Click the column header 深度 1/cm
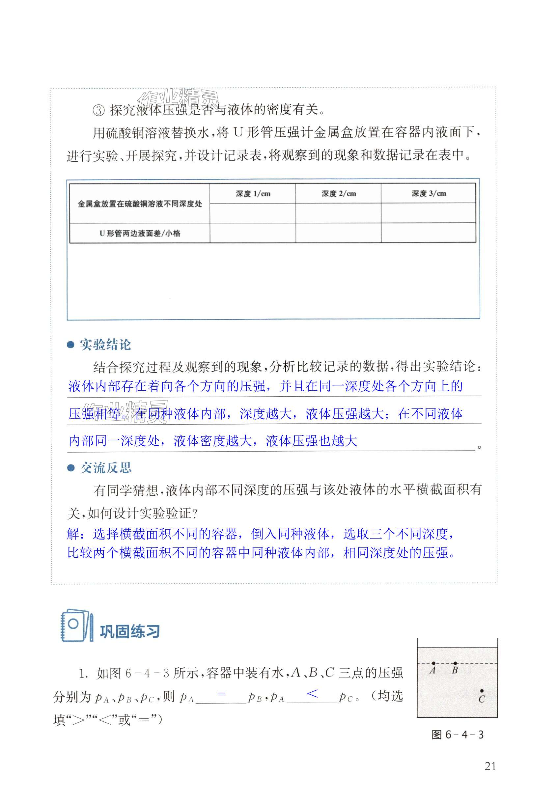click(253, 194)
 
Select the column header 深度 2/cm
click(338, 194)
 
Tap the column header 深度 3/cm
click(429, 193)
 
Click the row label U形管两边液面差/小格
click(140, 233)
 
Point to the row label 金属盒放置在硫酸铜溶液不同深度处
click(140, 204)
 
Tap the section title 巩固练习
click(130, 631)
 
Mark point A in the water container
click(433, 663)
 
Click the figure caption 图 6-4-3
click(457, 735)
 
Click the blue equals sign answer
click(221, 694)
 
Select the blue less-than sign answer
click(312, 694)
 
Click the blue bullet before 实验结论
click(70, 345)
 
